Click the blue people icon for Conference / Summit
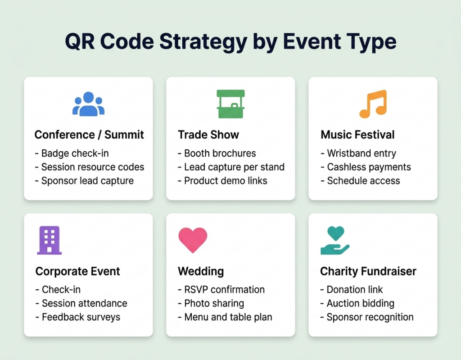tap(88, 104)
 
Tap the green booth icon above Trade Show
tap(230, 103)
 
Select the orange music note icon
tap(373, 104)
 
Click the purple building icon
tap(49, 240)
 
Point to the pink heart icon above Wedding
tap(193, 240)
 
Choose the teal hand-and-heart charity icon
tap(335, 240)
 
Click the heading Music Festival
tap(357, 135)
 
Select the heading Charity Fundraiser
tap(368, 271)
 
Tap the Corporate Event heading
tap(77, 271)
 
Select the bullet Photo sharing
tap(211, 303)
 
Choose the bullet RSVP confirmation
tap(221, 289)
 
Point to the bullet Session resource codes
tap(89, 167)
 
